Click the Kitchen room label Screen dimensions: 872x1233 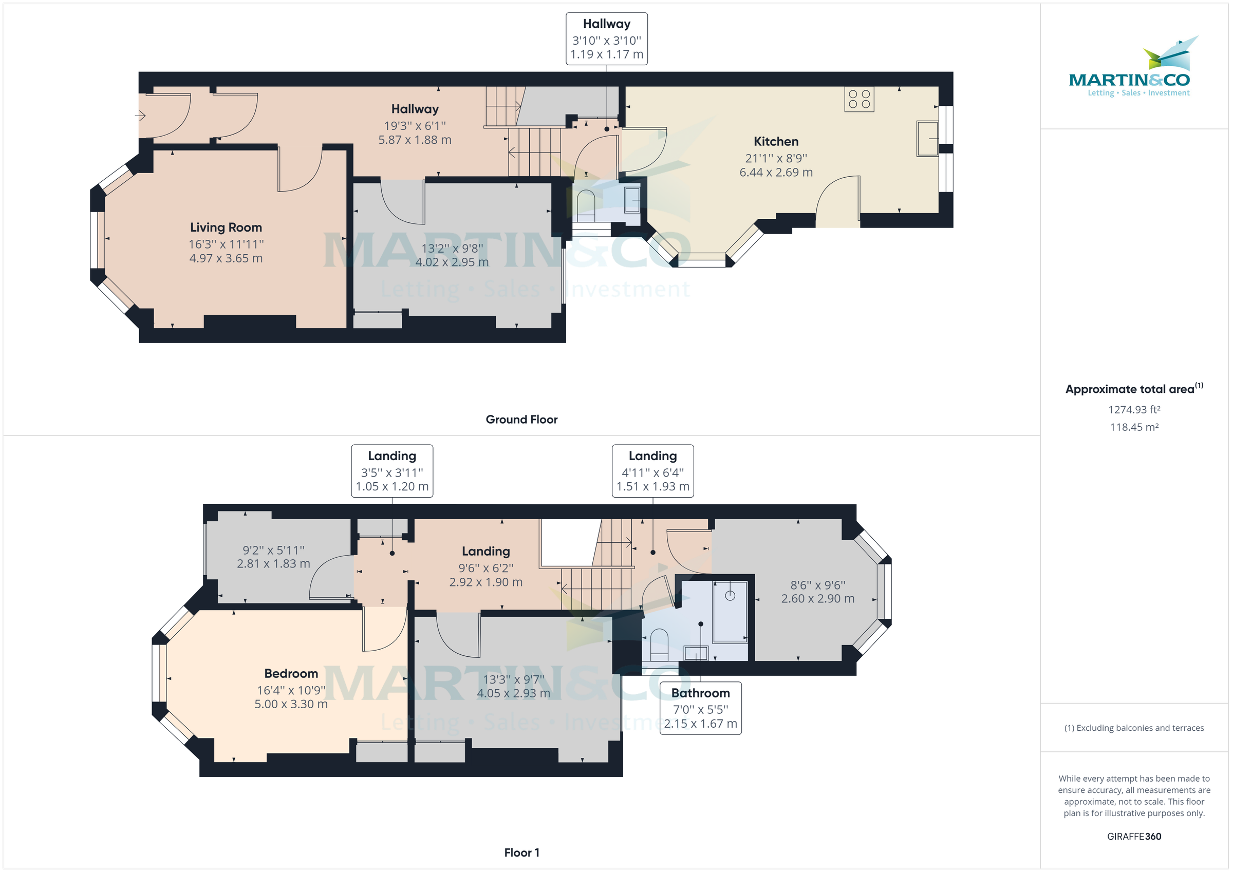click(x=775, y=142)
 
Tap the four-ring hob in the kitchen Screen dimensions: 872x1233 click(x=858, y=99)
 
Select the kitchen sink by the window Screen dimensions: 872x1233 click(x=927, y=139)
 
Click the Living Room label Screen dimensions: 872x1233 click(x=226, y=228)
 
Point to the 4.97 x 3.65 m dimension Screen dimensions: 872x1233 click(x=226, y=258)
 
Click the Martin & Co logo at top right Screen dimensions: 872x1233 click(x=1134, y=70)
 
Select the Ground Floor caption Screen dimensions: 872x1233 click(x=521, y=420)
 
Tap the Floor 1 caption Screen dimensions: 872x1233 click(x=521, y=852)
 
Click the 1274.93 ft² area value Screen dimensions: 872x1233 click(x=1134, y=410)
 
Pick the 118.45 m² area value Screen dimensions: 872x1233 click(x=1134, y=427)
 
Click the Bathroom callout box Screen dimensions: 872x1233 click(x=700, y=708)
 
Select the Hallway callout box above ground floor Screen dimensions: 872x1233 click(x=606, y=39)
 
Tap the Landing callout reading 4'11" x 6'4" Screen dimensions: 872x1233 click(x=652, y=471)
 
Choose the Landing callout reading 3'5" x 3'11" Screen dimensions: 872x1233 click(x=391, y=471)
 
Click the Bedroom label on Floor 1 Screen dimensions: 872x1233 click(x=291, y=673)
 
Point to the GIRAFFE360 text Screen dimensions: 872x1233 click(x=1134, y=836)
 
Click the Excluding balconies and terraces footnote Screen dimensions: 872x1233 click(x=1134, y=728)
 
